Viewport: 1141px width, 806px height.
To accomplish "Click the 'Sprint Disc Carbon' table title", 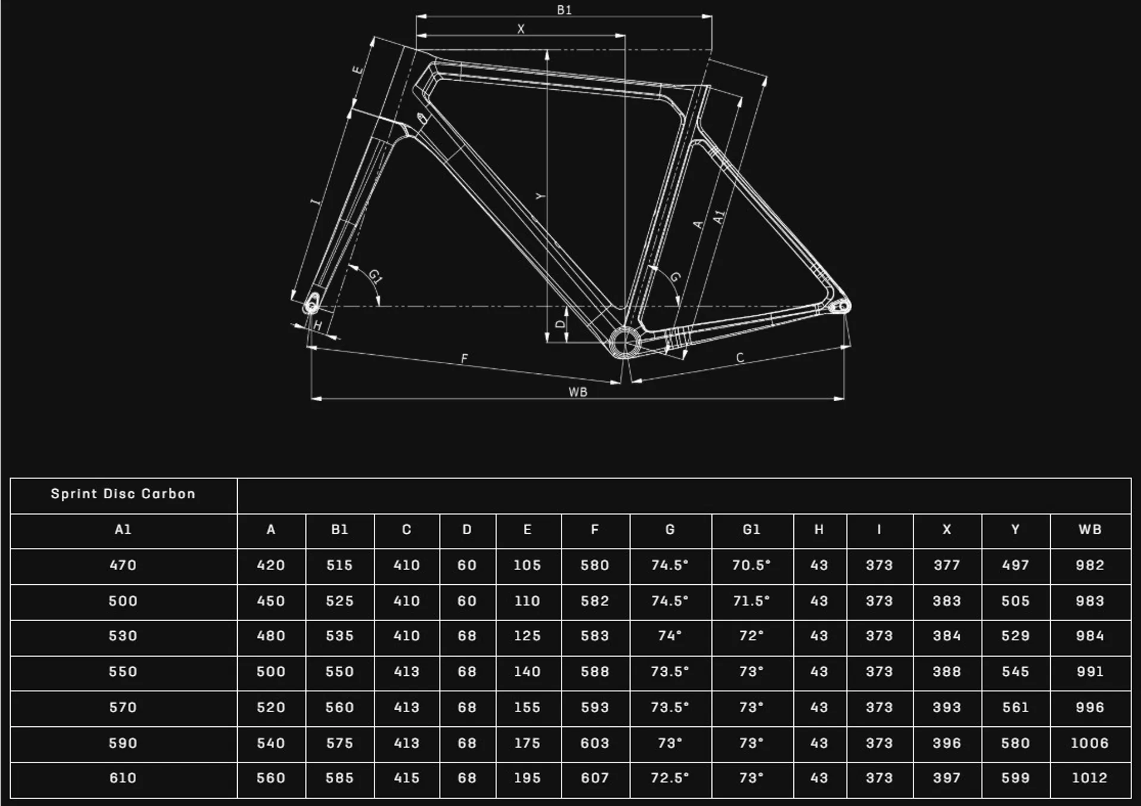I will pos(123,494).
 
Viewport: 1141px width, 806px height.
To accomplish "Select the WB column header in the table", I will pos(1090,530).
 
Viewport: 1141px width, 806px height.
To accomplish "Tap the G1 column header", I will pos(751,530).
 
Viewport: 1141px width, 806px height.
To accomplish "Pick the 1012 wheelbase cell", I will pos(1090,778).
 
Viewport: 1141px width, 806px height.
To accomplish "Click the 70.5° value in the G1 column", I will pos(751,565).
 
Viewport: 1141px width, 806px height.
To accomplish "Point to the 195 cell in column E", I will pos(527,778).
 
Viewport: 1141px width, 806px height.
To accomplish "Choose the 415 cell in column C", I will pos(406,778).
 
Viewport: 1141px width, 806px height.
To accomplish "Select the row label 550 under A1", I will pos(123,672).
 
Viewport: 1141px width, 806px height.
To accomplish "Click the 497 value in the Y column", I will pos(1015,565).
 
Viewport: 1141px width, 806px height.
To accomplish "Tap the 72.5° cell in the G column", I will pos(670,778).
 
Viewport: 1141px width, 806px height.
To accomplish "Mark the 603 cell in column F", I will pos(595,743).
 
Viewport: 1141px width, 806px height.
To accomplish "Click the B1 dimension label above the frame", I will pos(564,10).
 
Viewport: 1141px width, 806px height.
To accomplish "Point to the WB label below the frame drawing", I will pos(578,392).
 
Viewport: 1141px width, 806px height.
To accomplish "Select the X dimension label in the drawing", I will pos(521,29).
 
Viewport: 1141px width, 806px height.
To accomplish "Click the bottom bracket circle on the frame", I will pos(625,342).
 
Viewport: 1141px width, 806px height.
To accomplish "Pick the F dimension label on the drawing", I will pos(465,358).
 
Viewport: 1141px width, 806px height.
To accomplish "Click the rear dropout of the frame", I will pos(843,306).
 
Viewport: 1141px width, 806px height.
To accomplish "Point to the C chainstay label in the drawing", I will pos(740,358).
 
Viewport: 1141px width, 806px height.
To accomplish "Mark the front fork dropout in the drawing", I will pos(311,306).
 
